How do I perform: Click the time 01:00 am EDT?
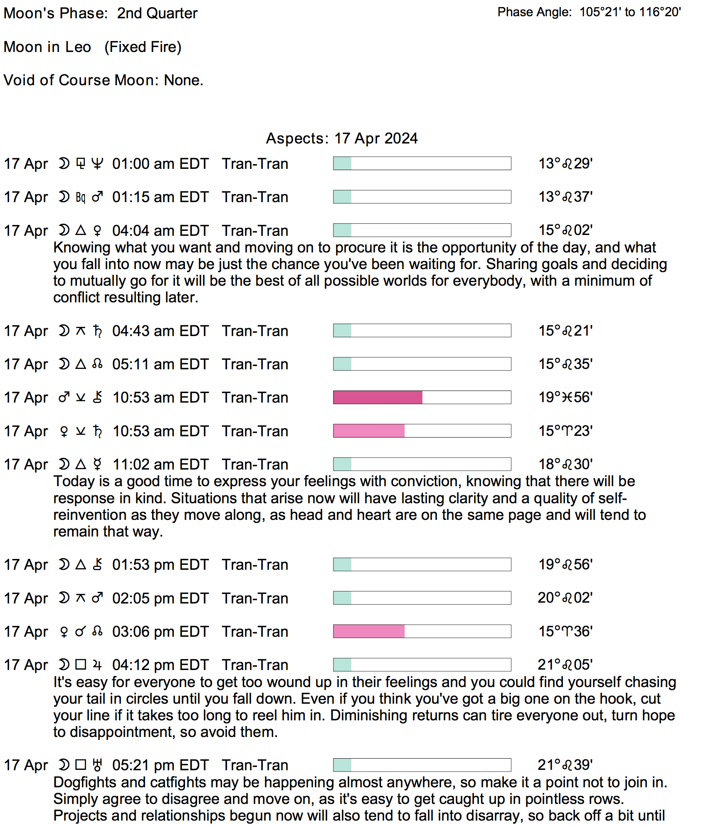pyautogui.click(x=160, y=164)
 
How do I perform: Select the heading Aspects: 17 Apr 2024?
pyautogui.click(x=341, y=138)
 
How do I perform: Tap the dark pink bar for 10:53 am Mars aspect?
pyautogui.click(x=378, y=397)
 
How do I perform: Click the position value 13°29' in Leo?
pyautogui.click(x=565, y=163)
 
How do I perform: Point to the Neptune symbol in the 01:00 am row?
pyautogui.click(x=97, y=164)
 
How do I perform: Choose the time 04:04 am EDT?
pyautogui.click(x=160, y=231)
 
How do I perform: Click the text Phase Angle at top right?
pyautogui.click(x=534, y=12)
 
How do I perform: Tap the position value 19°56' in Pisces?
pyautogui.click(x=565, y=397)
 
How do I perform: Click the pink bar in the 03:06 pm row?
pyautogui.click(x=369, y=631)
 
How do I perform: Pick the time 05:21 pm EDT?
pyautogui.click(x=160, y=765)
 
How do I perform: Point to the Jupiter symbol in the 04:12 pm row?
pyautogui.click(x=97, y=665)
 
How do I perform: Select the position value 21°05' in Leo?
pyautogui.click(x=565, y=665)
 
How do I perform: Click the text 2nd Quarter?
pyautogui.click(x=157, y=13)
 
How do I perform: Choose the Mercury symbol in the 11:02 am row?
pyautogui.click(x=97, y=465)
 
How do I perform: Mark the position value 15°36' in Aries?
pyautogui.click(x=565, y=631)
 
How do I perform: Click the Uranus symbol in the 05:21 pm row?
pyautogui.click(x=97, y=765)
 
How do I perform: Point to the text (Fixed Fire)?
pyautogui.click(x=143, y=47)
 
